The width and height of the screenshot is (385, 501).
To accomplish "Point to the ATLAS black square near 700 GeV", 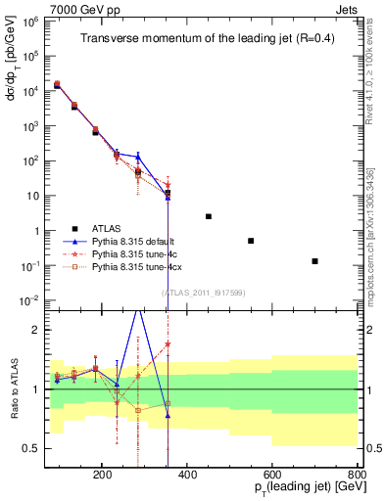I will coord(314,261).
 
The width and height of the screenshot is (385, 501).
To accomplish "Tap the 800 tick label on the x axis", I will coord(357,474).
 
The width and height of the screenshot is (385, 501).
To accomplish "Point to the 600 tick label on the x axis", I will coord(272,474).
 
